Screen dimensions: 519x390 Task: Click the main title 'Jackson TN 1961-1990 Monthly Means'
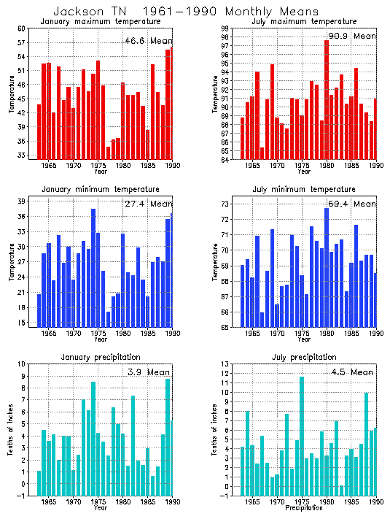[x=186, y=12]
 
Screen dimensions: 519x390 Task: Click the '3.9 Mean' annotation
[x=152, y=372]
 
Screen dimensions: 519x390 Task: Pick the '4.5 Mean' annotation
[x=352, y=372]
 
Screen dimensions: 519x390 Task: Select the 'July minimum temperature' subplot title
[x=300, y=189]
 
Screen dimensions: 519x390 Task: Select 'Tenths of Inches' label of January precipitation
[x=11, y=431]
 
